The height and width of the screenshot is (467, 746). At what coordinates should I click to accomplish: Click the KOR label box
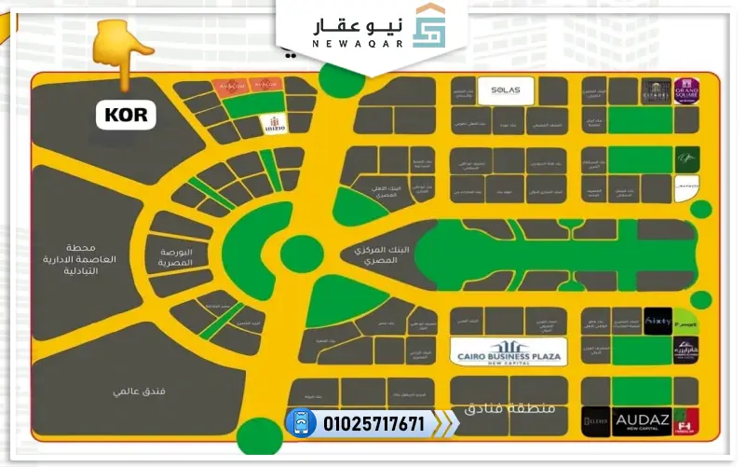coord(126,116)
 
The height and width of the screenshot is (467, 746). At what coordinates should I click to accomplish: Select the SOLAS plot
coord(505,90)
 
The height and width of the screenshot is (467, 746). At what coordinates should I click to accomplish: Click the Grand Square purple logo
coord(687,91)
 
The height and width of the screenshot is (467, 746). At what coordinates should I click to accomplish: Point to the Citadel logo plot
coord(656,91)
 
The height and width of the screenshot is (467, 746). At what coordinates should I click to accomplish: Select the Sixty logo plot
coord(657,320)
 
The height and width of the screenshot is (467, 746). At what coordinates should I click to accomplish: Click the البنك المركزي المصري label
coord(376,254)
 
